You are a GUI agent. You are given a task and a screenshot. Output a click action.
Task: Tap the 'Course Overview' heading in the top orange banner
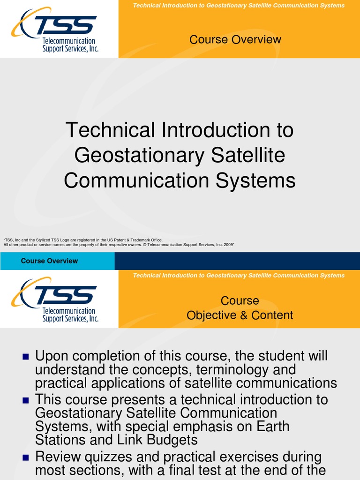pyautogui.click(x=235, y=39)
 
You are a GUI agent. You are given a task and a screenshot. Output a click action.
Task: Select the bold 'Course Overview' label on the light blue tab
pyautogui.click(x=49, y=261)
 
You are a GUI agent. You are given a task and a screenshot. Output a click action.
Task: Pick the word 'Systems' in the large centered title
pyautogui.click(x=260, y=180)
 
